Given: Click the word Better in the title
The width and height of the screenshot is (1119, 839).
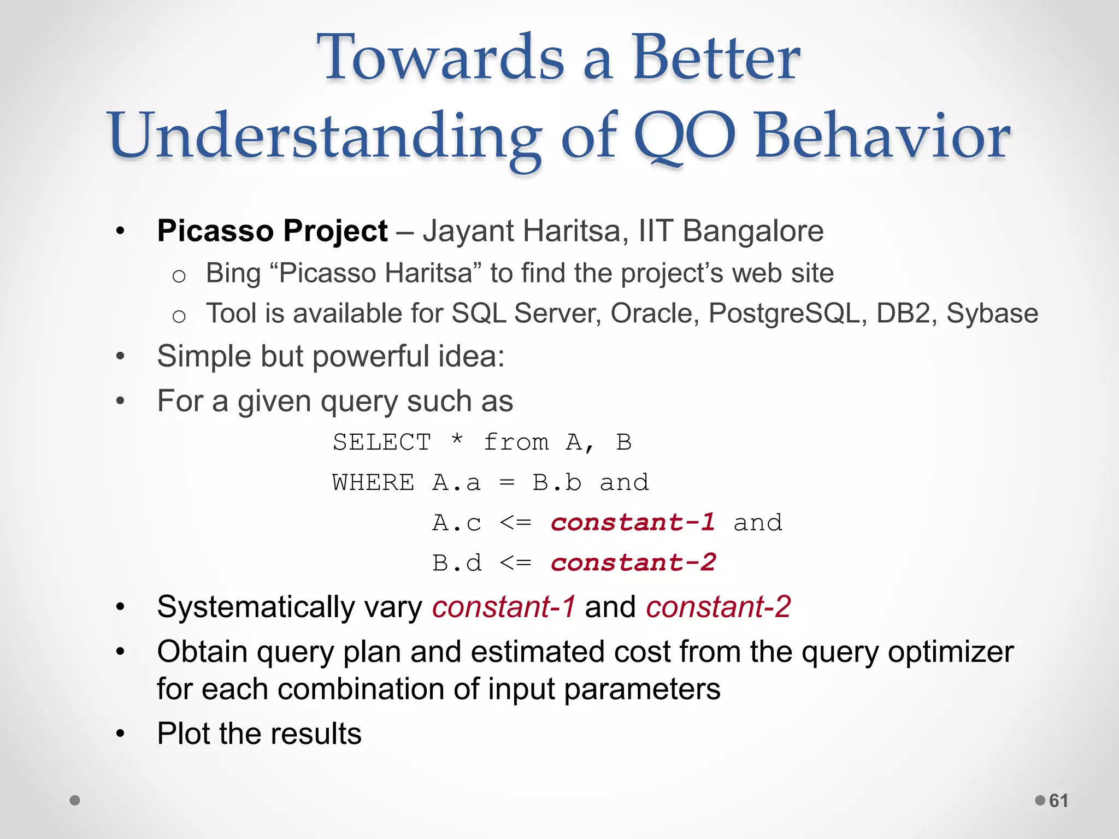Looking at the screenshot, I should pyautogui.click(x=716, y=58).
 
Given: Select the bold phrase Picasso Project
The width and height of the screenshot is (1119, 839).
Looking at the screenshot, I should pyautogui.click(x=272, y=231).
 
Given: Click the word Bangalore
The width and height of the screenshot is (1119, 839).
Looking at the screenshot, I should pyautogui.click(x=753, y=231).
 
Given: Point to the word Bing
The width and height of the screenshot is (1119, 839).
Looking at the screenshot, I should pyautogui.click(x=233, y=273).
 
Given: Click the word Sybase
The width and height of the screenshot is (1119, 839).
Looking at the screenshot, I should pyautogui.click(x=992, y=314).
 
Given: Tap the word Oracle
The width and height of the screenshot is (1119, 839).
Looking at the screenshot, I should pyautogui.click(x=654, y=314).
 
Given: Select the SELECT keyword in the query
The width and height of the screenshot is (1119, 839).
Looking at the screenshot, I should pyautogui.click(x=382, y=442).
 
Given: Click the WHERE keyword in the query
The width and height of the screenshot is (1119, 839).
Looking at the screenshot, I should pyautogui.click(x=373, y=483).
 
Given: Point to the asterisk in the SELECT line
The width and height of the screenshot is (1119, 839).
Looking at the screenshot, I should pyautogui.click(x=457, y=440).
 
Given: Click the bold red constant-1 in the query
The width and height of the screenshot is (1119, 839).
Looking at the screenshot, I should pyautogui.click(x=633, y=523).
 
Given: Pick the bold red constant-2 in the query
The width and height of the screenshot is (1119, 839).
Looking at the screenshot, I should pyautogui.click(x=633, y=563).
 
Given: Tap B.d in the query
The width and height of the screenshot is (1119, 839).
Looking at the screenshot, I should pyautogui.click(x=457, y=563).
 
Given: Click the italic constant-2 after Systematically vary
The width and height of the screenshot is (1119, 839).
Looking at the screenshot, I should pyautogui.click(x=718, y=607).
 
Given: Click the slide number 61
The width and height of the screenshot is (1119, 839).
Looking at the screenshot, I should pyautogui.click(x=1058, y=801).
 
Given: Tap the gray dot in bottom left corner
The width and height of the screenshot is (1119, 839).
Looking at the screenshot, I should pyautogui.click(x=75, y=800).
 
